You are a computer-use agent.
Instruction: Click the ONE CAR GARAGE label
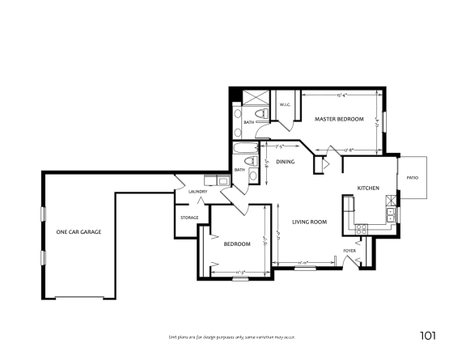[78, 232]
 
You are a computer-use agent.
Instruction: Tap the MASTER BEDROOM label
[338, 120]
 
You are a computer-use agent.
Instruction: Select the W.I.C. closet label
[285, 104]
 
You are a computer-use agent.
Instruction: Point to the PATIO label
[412, 176]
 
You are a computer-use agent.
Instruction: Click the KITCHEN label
[368, 188]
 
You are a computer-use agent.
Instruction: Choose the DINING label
[285, 163]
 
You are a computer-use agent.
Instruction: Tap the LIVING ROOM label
[309, 222]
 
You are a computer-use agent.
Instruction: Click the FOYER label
[349, 251]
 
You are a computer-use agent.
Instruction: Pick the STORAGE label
[189, 218]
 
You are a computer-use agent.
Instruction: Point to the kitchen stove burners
[361, 230]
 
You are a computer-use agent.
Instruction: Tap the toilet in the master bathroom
[259, 112]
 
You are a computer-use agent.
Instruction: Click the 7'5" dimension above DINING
[280, 146]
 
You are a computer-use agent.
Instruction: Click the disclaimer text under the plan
[232, 336]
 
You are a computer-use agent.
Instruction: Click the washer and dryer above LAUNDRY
[215, 180]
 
